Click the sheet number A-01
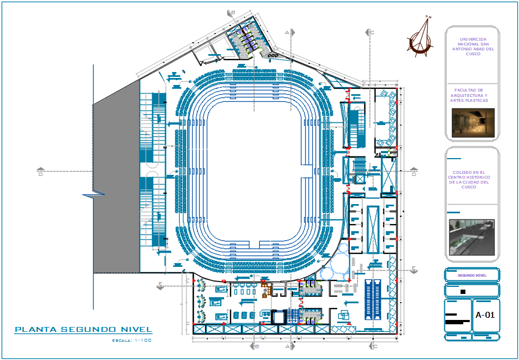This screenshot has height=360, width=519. coord(485,315)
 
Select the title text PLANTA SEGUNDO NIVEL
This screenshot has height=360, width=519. coord(83,329)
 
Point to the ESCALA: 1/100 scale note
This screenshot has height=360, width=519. coord(132,340)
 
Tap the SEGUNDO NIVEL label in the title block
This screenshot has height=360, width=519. coord(472,276)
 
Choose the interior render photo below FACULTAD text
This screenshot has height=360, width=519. coord(472,122)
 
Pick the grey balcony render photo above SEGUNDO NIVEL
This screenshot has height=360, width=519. coord(471,237)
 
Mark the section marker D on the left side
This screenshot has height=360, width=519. coord(40,174)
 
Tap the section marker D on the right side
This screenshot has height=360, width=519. coord(414,174)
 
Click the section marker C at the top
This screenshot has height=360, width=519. coord(372,32)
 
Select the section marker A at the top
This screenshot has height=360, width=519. coord(287,32)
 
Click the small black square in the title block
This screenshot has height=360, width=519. coord(462,292)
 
